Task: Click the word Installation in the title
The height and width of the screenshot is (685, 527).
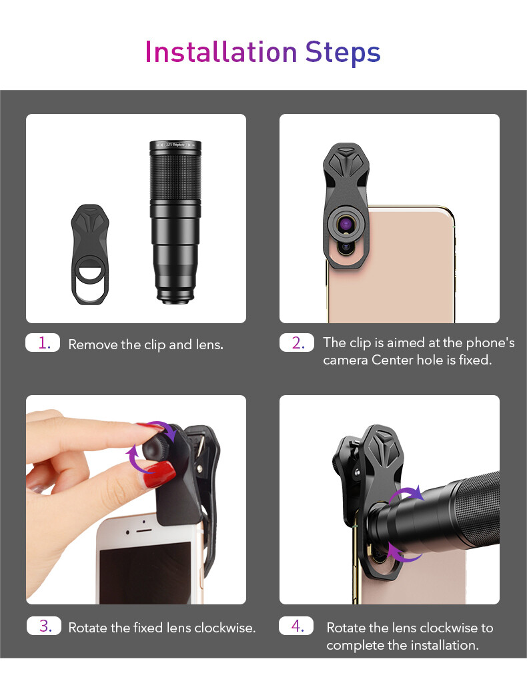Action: click(x=221, y=52)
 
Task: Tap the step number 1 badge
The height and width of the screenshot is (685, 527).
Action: click(x=43, y=343)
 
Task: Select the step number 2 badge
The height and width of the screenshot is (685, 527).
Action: click(x=297, y=343)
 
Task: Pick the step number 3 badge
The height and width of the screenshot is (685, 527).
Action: click(x=44, y=626)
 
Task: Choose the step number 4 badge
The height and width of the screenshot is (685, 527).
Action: click(x=297, y=626)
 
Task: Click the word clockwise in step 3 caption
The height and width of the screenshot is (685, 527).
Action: click(x=225, y=628)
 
